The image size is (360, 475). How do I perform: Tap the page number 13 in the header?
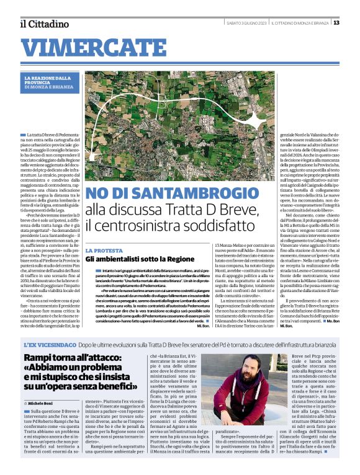[336, 23]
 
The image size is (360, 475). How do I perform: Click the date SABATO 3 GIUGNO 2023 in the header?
[246, 24]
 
